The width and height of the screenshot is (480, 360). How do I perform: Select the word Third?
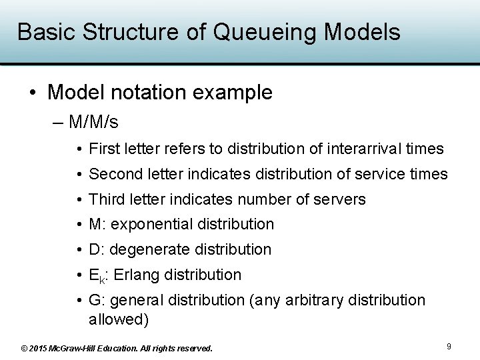(x=105, y=199)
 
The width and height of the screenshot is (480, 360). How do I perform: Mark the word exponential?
(x=151, y=225)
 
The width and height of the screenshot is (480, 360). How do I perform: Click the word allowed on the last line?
(x=118, y=319)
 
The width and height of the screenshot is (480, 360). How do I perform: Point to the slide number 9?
(x=449, y=347)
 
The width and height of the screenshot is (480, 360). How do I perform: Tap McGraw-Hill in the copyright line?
(x=81, y=348)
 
